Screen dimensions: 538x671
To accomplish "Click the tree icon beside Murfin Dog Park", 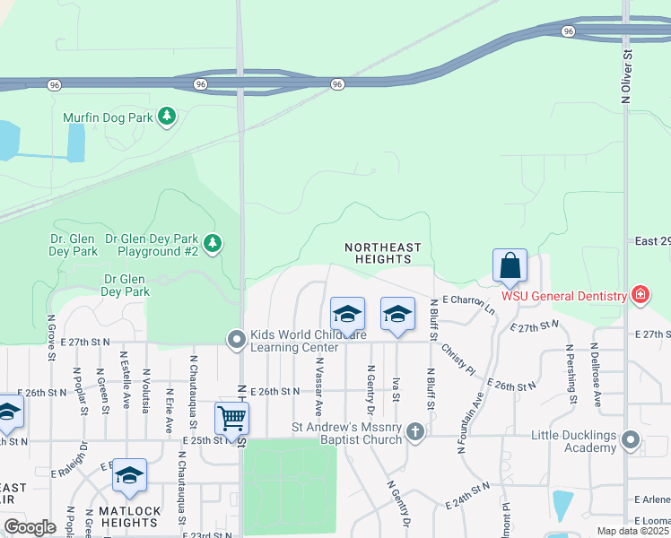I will (x=166, y=117).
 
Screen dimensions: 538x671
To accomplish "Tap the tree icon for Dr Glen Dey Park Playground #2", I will (x=213, y=242).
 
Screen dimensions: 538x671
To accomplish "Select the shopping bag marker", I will (x=510, y=266).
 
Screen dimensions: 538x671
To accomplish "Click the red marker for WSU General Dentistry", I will (x=640, y=294).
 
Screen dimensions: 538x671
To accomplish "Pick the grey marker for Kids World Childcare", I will (x=236, y=339).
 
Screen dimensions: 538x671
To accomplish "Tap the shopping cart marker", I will (x=231, y=418).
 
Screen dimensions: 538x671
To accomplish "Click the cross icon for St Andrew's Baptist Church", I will (x=414, y=432).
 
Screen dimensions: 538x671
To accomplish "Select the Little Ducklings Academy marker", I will (x=631, y=440).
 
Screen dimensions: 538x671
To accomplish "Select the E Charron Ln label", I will (x=468, y=303).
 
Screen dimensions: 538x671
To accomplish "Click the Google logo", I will (x=30, y=526).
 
